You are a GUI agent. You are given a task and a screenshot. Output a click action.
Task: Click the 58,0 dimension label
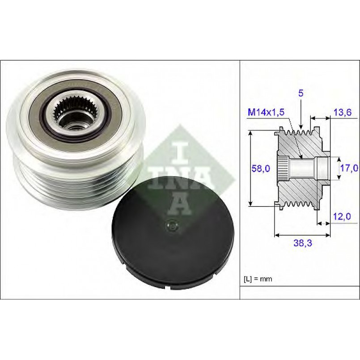(x=261, y=169)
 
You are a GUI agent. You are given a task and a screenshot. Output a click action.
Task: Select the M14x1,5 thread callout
(x=266, y=112)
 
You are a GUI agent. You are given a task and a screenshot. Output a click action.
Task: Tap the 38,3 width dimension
(x=303, y=243)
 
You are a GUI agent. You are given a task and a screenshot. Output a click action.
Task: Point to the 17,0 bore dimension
(x=349, y=168)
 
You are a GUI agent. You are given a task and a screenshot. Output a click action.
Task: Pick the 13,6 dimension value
(x=342, y=112)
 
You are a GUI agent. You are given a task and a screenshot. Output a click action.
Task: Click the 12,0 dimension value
(x=342, y=216)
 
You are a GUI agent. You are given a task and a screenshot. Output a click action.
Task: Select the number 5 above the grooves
(x=301, y=93)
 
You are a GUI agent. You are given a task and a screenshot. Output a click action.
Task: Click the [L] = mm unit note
(x=258, y=279)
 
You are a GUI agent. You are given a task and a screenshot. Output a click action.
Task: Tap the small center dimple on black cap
(x=172, y=226)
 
